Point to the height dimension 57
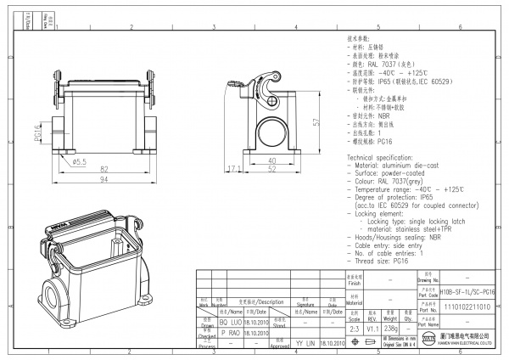pyautogui.click(x=316, y=122)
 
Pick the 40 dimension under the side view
pyautogui.click(x=272, y=160)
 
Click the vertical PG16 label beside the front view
pyautogui.click(x=38, y=134)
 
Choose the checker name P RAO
pyautogui.click(x=210, y=334)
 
